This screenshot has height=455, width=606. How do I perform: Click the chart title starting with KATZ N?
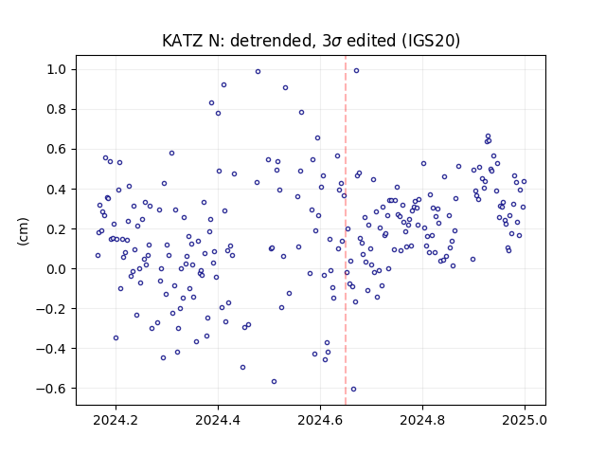point(311,41)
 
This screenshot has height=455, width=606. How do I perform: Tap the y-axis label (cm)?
point(23,231)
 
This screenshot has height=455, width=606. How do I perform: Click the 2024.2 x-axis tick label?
point(116,420)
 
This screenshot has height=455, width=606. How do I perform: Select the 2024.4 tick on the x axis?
point(218,420)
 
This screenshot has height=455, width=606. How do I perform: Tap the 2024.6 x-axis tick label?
point(320,420)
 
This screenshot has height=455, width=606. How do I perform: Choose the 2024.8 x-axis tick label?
point(422,420)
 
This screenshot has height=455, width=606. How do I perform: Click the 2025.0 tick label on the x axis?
point(525,420)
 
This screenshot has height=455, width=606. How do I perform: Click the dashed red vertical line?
point(346,230)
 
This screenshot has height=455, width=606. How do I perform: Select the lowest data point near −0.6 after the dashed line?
point(353,390)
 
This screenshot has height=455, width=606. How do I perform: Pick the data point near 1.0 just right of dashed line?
point(356,71)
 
